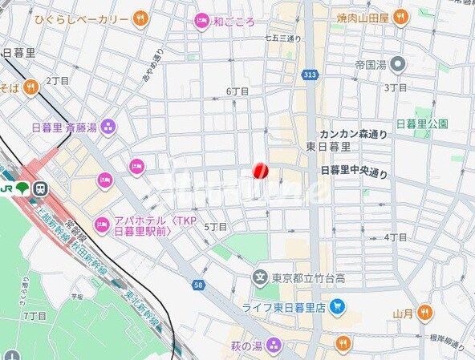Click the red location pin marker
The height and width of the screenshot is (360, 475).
260,171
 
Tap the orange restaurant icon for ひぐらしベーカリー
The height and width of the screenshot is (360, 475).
141,18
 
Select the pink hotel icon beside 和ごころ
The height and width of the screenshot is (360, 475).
201,22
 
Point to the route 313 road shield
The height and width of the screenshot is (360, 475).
310,75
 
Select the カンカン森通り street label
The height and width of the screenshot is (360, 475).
353,134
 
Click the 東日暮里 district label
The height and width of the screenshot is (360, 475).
328,147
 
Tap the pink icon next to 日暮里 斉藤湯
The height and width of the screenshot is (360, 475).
108,126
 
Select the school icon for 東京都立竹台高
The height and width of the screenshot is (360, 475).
260,278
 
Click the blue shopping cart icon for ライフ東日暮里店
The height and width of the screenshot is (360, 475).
337,306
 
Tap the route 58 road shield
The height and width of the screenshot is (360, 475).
197,285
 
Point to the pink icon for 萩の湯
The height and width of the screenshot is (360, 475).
274,346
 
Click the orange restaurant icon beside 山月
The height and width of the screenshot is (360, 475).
424,313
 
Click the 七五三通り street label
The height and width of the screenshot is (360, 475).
282,38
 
